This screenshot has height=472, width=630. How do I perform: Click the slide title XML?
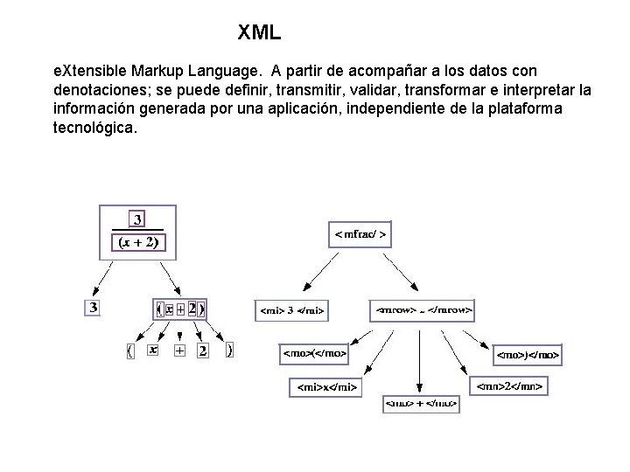(x=259, y=33)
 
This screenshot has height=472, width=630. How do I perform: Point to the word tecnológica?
(x=95, y=128)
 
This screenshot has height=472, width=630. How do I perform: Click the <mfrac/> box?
(x=360, y=235)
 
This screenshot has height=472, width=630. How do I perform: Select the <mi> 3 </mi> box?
(x=292, y=309)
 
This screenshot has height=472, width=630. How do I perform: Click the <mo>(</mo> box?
(x=314, y=354)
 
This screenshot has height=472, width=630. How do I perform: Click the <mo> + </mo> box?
(x=421, y=405)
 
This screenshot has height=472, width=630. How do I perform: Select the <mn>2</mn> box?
(x=510, y=385)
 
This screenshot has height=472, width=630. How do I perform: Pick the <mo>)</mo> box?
(x=528, y=355)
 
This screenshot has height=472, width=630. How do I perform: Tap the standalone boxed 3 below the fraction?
(x=93, y=307)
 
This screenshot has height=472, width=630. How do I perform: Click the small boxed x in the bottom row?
(x=153, y=350)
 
